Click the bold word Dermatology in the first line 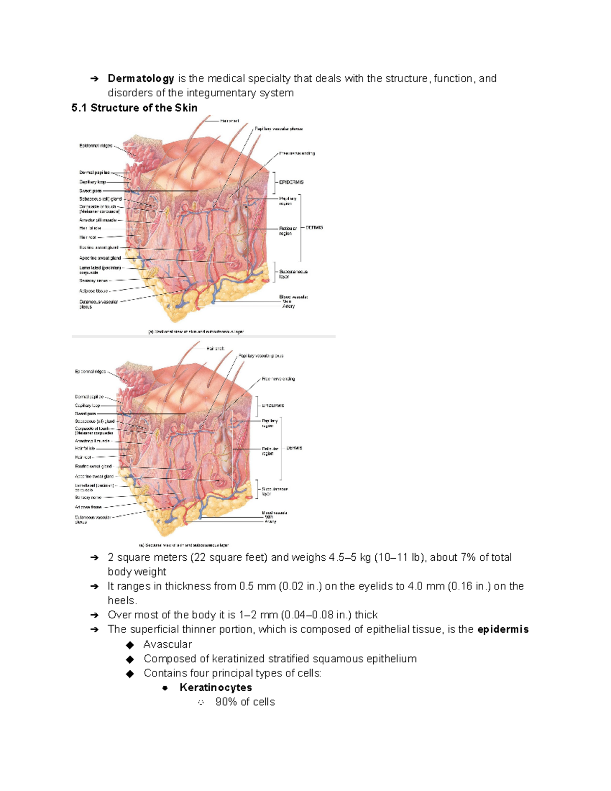pyautogui.click(x=141, y=78)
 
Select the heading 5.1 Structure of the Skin pyautogui.click(x=134, y=108)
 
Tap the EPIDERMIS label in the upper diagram pyautogui.click(x=291, y=182)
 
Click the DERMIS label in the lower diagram pyautogui.click(x=294, y=448)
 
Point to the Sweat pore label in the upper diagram pyautogui.click(x=90, y=191)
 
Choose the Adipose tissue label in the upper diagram pyautogui.click(x=93, y=291)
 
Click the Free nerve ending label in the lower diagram pyautogui.click(x=279, y=379)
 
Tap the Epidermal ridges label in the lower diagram pyautogui.click(x=90, y=372)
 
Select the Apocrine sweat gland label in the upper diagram pyautogui.click(x=100, y=258)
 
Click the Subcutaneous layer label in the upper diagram pyautogui.click(x=293, y=274)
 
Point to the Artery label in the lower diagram pyautogui.click(x=270, y=522)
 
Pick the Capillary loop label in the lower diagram pyautogui.click(x=88, y=405)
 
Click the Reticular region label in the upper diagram pyautogui.click(x=287, y=231)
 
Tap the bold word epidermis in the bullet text pyautogui.click(x=503, y=630)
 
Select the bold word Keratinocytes pyautogui.click(x=215, y=688)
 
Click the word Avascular pyautogui.click(x=168, y=644)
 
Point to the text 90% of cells pyautogui.click(x=245, y=702)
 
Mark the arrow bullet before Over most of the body pyautogui.click(x=94, y=615)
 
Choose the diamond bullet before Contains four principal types pyautogui.click(x=130, y=673)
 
